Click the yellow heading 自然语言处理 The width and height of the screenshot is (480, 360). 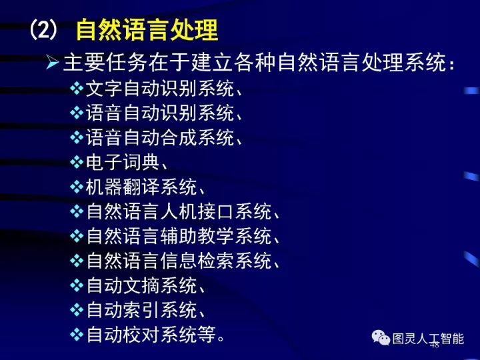pyautogui.click(x=147, y=30)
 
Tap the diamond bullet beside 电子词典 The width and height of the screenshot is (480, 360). pyautogui.click(x=77, y=162)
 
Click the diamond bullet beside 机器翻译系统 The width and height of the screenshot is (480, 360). pyautogui.click(x=77, y=187)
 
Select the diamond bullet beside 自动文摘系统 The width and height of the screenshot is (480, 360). pyautogui.click(x=77, y=285)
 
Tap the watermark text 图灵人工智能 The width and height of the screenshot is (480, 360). pyautogui.click(x=428, y=339)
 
